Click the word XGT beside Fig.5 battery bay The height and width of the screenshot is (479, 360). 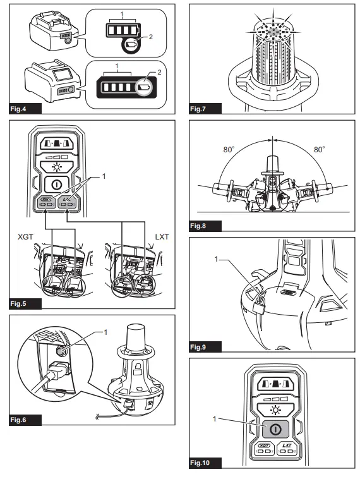click(25, 237)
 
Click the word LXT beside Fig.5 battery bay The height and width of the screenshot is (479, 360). click(162, 237)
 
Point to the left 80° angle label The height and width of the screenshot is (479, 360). click(229, 149)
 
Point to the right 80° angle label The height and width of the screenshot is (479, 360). click(320, 149)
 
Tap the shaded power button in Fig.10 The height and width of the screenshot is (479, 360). click(275, 429)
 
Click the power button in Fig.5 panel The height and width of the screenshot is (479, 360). click(56, 185)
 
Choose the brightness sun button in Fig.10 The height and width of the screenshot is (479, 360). click(276, 410)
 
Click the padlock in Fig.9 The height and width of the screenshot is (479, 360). click(258, 306)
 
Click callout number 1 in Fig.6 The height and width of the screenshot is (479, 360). click(105, 332)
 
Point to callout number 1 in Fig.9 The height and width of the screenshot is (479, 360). click(216, 259)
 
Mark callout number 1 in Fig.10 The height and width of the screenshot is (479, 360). click(215, 419)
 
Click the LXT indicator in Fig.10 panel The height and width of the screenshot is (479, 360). click(287, 449)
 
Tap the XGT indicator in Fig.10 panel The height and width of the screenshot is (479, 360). click(264, 449)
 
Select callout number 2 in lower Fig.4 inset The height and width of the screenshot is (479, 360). click(159, 73)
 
